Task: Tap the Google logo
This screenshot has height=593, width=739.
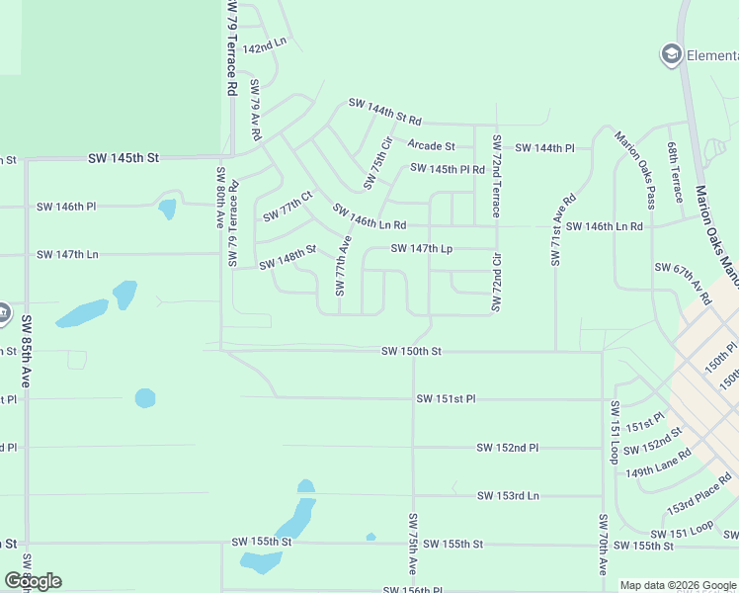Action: point(34,581)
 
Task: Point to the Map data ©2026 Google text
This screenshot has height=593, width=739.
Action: point(677,585)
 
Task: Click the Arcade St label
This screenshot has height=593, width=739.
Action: point(431,146)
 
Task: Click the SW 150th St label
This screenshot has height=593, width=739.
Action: point(411,351)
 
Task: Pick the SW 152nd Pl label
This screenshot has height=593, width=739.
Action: point(507,448)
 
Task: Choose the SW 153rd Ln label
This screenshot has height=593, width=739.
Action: point(508,495)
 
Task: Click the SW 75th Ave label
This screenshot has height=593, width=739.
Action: point(413,544)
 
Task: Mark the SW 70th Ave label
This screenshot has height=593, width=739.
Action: point(603,545)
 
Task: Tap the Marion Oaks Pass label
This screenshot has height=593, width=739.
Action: point(635,170)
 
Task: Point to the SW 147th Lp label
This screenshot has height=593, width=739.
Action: point(421,249)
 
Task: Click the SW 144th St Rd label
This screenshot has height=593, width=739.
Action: point(385,112)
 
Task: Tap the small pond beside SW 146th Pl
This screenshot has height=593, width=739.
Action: point(167,210)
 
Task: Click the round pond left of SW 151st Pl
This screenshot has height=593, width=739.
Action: point(145,398)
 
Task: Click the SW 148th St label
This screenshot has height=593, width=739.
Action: point(287,258)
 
